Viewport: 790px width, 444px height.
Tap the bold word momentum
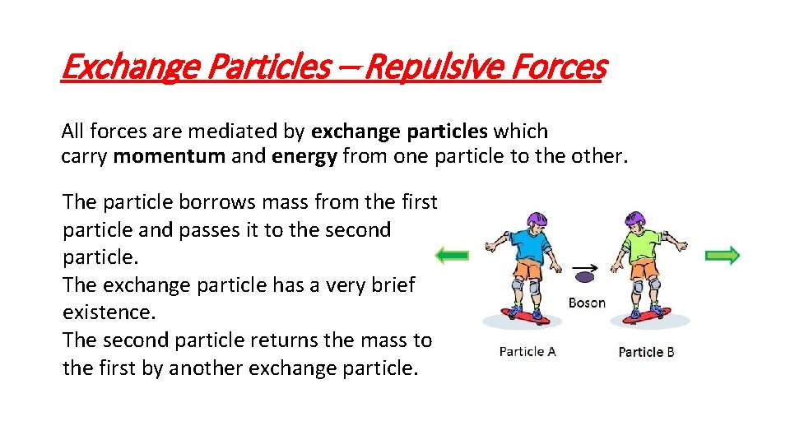(x=169, y=156)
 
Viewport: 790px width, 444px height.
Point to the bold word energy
(x=304, y=156)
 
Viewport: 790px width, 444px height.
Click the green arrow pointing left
(x=452, y=256)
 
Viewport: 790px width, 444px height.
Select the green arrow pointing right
(x=723, y=256)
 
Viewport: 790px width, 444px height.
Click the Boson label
(x=587, y=303)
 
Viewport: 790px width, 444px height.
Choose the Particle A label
(x=527, y=351)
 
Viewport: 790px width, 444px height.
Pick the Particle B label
(x=646, y=351)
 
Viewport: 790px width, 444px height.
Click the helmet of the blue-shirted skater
(x=536, y=220)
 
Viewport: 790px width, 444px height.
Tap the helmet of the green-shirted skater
(x=635, y=220)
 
